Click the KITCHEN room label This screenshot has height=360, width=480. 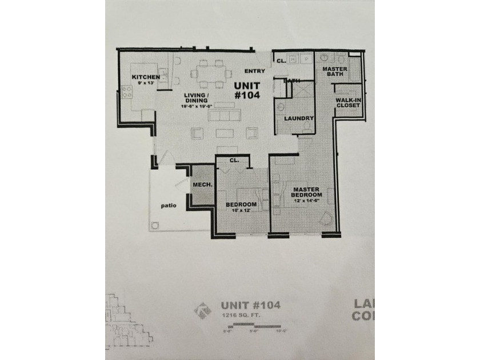pos(145,77)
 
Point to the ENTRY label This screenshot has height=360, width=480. pos(254,71)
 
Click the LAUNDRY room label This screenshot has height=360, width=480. pos(298,118)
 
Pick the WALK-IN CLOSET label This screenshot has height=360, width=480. pos(349,103)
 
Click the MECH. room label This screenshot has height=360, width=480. pos(202,185)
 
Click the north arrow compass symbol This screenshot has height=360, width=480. pos(201,311)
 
